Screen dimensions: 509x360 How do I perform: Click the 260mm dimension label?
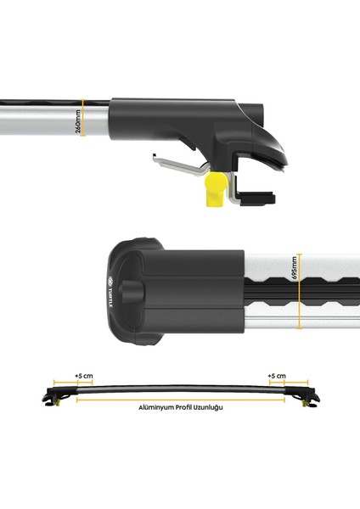77,124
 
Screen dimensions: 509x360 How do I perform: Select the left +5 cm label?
82,376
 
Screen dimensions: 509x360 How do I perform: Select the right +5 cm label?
276,376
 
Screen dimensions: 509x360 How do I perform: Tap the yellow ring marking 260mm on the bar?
84,124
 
